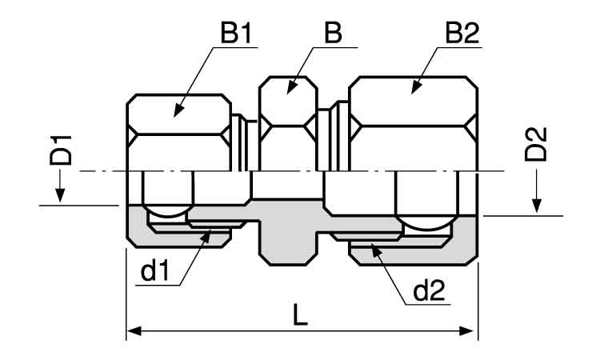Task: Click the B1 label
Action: (x=236, y=33)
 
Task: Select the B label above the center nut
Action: (x=333, y=33)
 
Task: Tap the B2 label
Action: (x=462, y=33)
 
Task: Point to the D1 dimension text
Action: (x=61, y=150)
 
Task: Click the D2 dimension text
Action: (x=536, y=144)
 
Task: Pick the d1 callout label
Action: (x=154, y=272)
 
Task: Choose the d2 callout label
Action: (x=430, y=290)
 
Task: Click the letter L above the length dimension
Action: (x=300, y=315)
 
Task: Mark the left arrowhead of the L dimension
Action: (x=134, y=331)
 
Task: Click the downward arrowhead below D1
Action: (x=59, y=195)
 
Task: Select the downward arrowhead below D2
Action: (x=538, y=206)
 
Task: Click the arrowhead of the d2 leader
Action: (x=376, y=250)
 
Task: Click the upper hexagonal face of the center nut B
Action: (x=289, y=101)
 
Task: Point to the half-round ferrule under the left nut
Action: (x=168, y=211)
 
